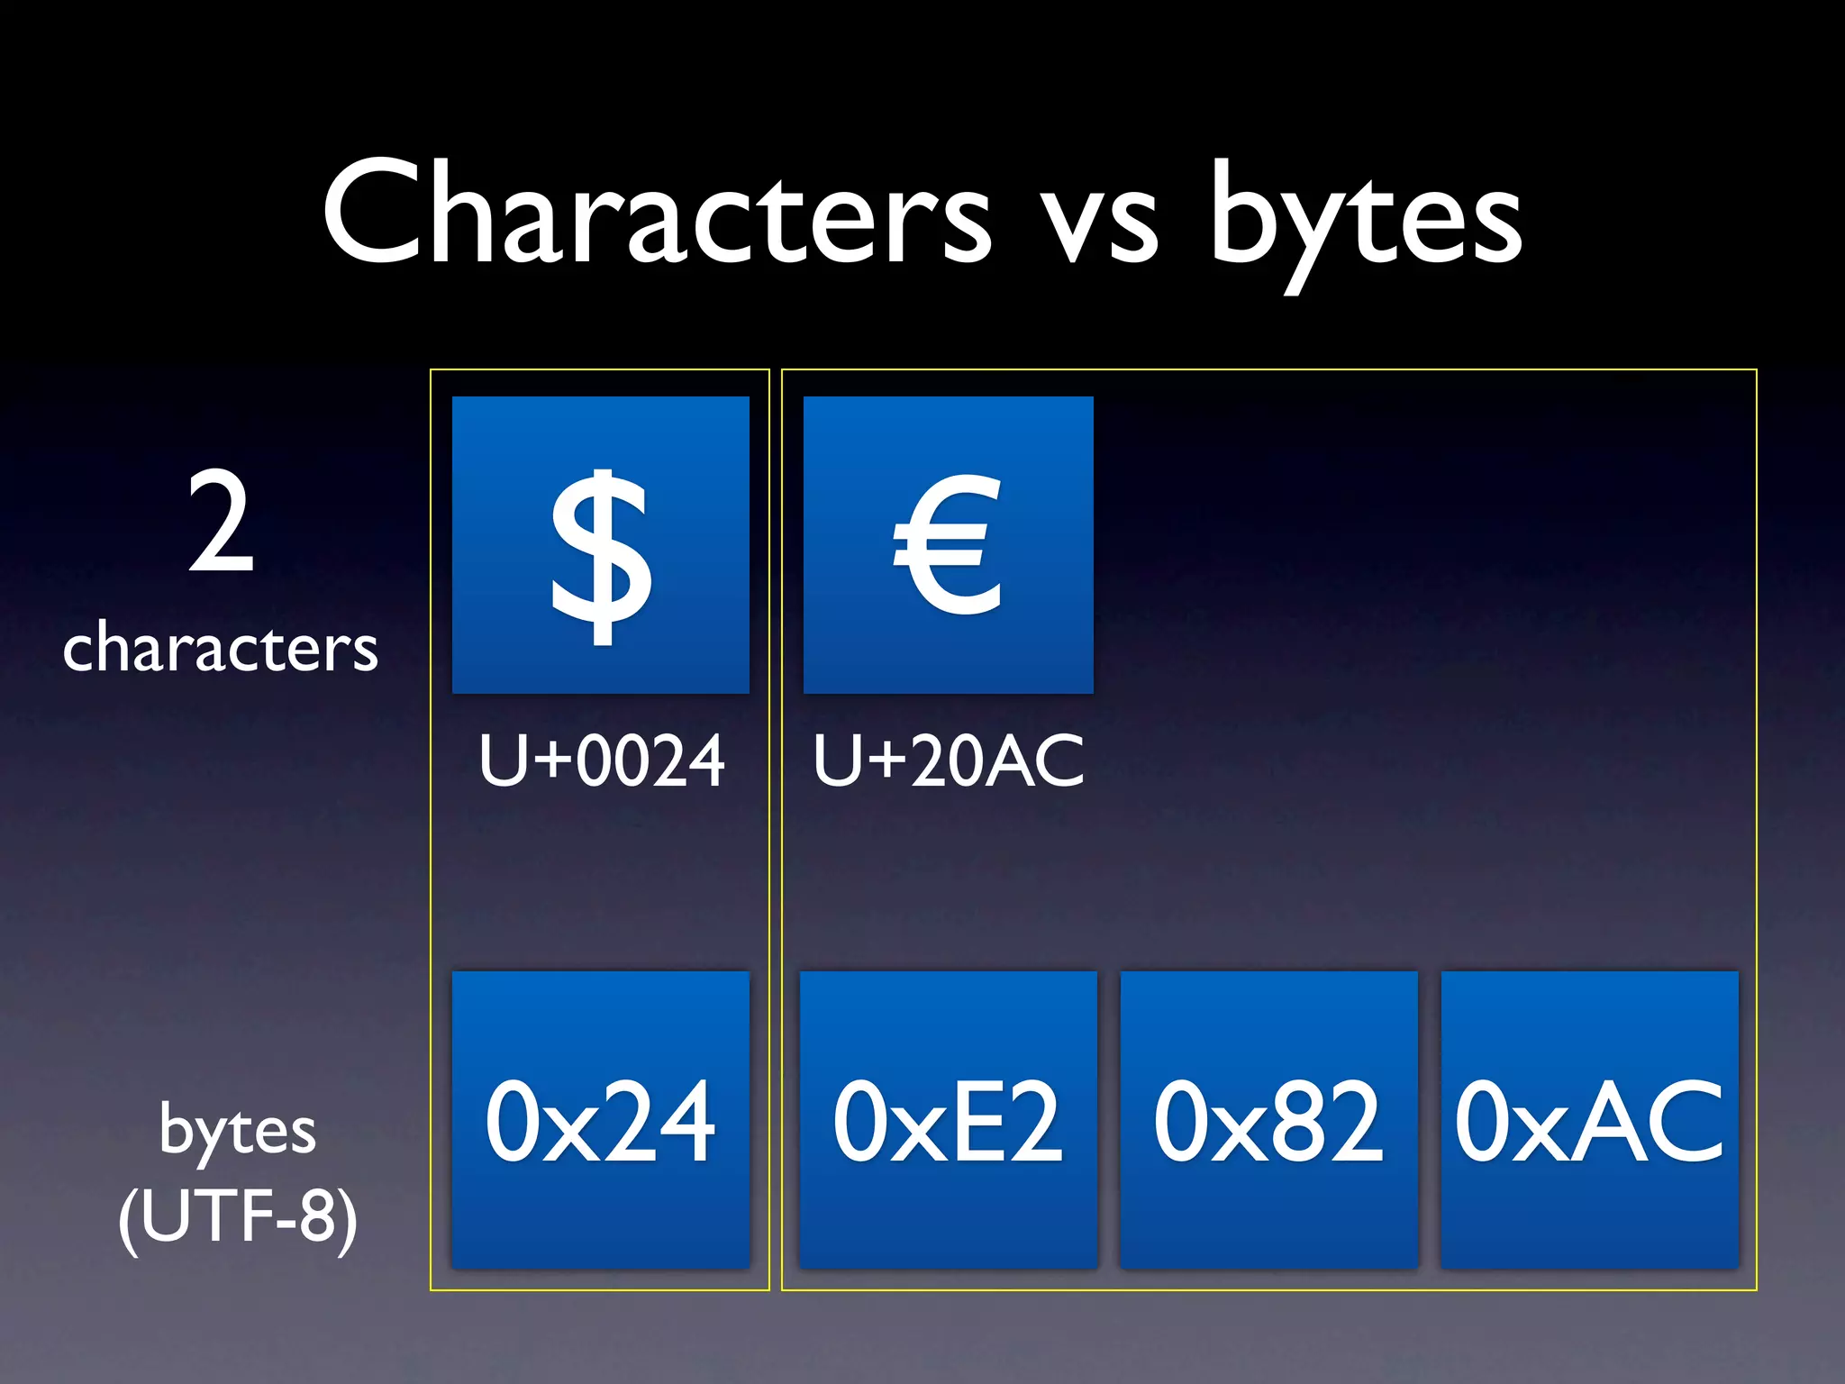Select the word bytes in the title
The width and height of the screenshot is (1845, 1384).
(x=1366, y=221)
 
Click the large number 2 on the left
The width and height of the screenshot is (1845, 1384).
(x=221, y=523)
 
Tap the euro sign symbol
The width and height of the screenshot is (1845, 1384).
(x=948, y=544)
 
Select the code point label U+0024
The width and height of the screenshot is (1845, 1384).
(x=601, y=761)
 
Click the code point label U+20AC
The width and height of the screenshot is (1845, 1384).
(x=948, y=761)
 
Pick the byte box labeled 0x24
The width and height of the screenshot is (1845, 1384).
(x=601, y=1120)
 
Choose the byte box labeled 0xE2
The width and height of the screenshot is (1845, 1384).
(x=948, y=1120)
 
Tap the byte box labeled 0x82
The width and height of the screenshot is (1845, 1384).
(x=1268, y=1120)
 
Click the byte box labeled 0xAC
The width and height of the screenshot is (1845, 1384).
(x=1589, y=1120)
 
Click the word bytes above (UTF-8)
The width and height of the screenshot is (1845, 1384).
(x=238, y=1132)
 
